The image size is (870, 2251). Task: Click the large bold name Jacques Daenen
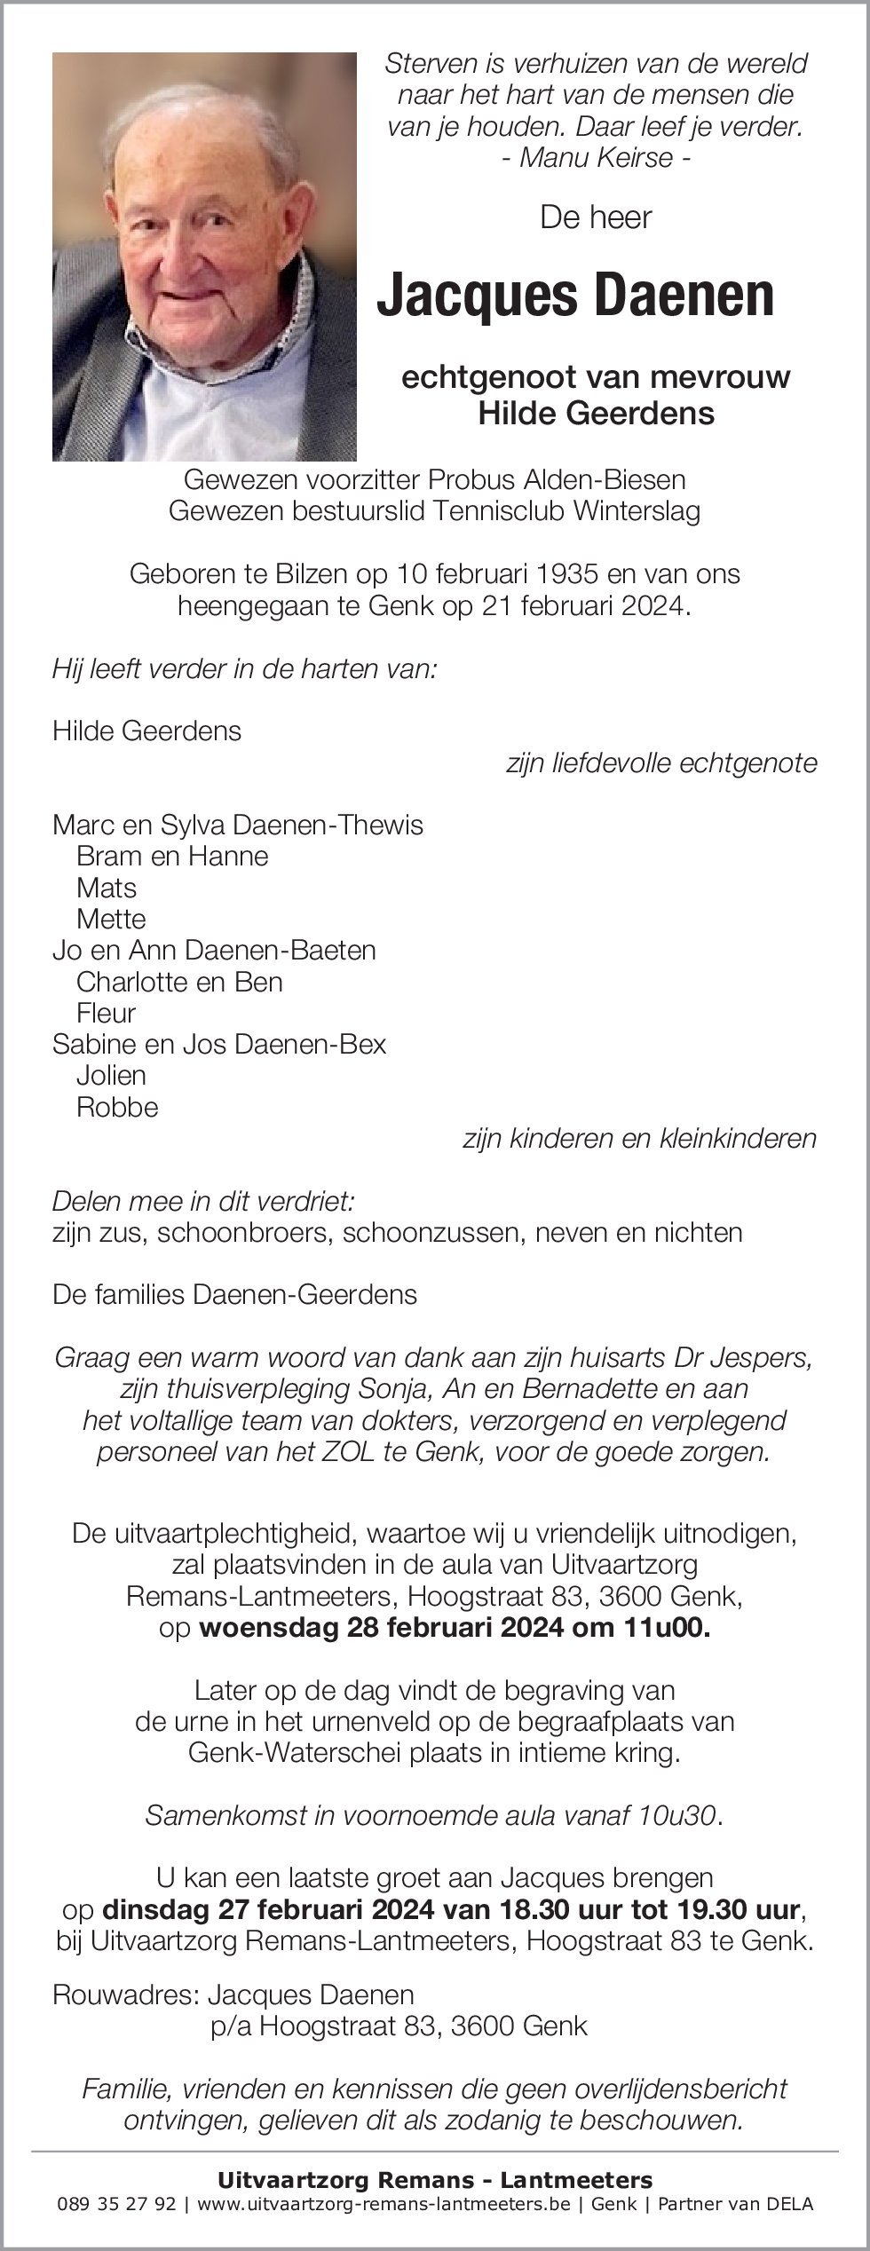(x=575, y=296)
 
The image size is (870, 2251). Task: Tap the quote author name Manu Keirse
(x=596, y=158)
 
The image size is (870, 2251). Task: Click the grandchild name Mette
(x=111, y=919)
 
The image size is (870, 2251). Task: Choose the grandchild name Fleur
(x=106, y=1013)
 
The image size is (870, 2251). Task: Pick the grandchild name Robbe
(x=117, y=1107)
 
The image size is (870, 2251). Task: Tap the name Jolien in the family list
(x=111, y=1075)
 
